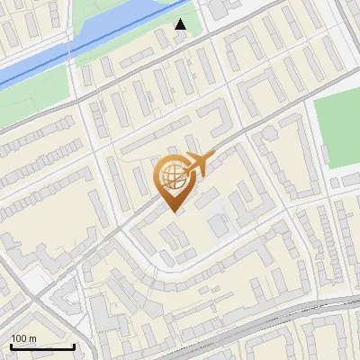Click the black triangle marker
tap(181, 24)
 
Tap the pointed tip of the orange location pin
tap(173, 211)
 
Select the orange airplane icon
tap(198, 164)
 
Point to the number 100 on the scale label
tap(19, 338)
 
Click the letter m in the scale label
tap(33, 338)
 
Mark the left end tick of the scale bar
tap(10, 345)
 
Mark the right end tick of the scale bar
tap(74, 345)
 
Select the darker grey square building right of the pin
tap(219, 223)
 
